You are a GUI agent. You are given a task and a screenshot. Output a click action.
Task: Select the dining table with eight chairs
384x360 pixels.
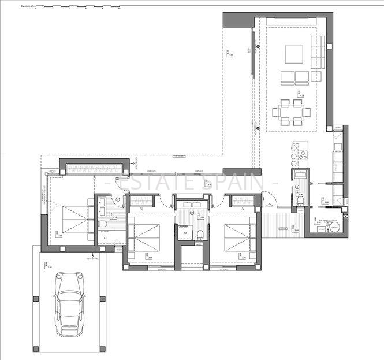(290, 112)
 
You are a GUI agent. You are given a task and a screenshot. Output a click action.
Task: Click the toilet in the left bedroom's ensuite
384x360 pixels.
(102, 224)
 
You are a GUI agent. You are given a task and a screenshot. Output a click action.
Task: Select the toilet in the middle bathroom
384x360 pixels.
(199, 234)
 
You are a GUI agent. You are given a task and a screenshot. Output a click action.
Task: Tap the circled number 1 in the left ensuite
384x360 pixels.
(118, 201)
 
